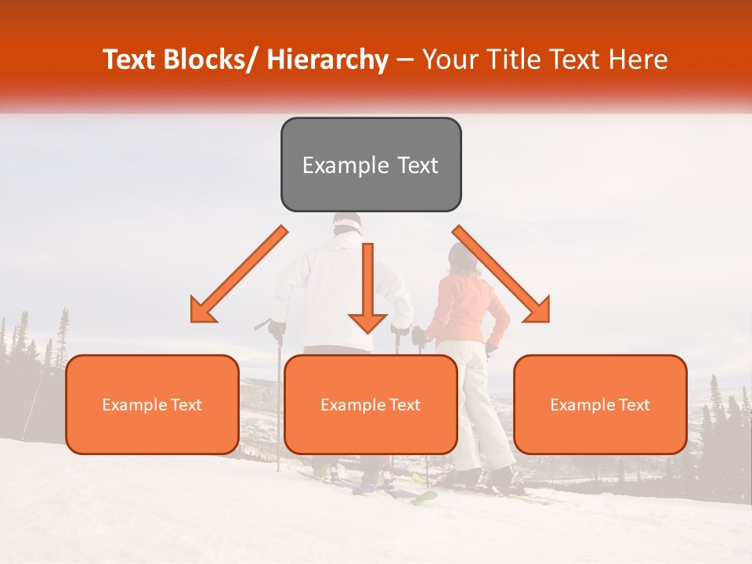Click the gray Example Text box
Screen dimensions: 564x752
pos(371,164)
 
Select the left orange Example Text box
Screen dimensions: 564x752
pos(152,404)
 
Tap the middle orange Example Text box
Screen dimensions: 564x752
pos(371,404)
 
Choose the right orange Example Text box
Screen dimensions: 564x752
pos(600,404)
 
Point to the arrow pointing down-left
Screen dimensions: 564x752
pos(239,275)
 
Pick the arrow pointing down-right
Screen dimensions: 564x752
pos(502,275)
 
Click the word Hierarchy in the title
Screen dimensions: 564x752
pos(327,60)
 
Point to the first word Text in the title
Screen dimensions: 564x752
pos(129,60)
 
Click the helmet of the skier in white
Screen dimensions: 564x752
pos(347,224)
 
